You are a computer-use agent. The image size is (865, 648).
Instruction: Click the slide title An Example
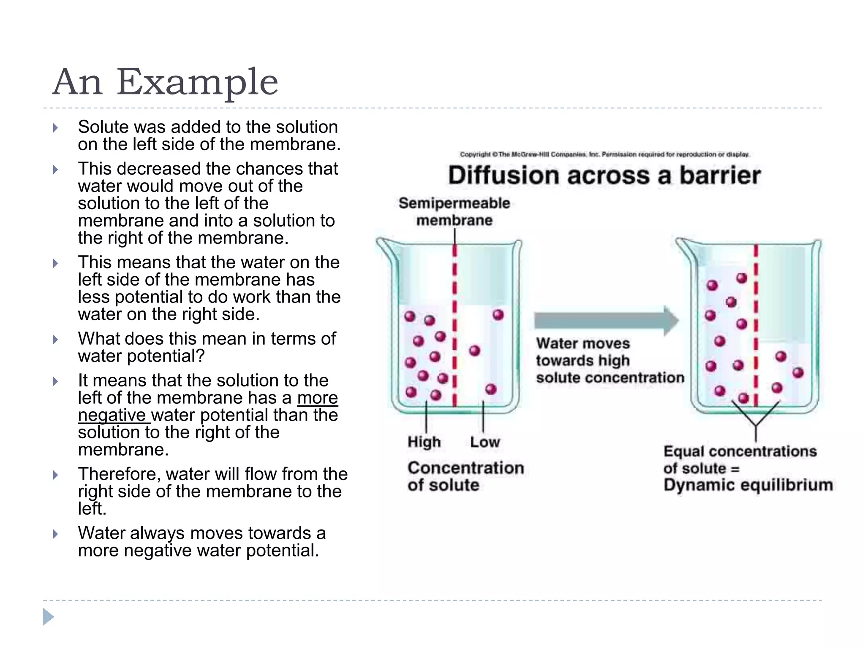point(165,82)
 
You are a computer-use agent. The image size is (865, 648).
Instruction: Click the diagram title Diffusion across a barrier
point(604,175)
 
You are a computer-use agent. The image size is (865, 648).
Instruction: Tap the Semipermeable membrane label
point(454,211)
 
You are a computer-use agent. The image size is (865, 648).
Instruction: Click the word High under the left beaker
point(424,442)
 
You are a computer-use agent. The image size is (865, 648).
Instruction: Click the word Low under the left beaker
point(485,442)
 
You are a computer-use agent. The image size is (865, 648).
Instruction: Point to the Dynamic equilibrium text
point(748,485)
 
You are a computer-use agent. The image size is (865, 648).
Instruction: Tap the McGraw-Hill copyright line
point(604,154)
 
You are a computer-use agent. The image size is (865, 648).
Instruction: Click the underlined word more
point(317,398)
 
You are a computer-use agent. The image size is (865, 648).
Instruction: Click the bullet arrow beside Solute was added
point(55,128)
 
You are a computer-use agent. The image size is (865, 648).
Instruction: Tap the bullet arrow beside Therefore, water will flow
point(55,475)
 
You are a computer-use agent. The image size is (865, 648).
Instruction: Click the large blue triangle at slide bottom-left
point(48,617)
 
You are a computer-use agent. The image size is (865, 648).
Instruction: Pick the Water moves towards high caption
point(609,361)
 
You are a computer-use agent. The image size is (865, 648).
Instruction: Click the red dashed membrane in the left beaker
point(455,325)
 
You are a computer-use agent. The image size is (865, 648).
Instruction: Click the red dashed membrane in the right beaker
point(756,325)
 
